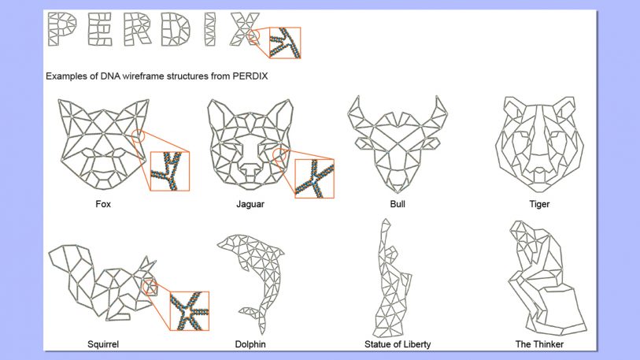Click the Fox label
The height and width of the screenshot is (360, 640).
pos(102,204)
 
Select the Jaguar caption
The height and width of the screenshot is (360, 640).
pos(250,204)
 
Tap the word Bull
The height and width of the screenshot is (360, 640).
pos(398,204)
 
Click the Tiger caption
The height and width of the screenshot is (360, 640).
pos(539,204)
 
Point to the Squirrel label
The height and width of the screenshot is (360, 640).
pos(103,344)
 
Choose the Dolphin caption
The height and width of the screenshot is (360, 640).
pos(250,344)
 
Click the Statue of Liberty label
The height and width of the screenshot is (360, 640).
pos(397,344)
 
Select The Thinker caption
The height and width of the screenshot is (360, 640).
pos(539,344)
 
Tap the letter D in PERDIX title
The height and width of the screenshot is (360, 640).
pos(168,29)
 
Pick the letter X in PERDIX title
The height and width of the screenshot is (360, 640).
pos(241,29)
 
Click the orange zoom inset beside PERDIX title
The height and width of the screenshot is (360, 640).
pos(285,43)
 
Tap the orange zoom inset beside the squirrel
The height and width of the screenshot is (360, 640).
pos(190,310)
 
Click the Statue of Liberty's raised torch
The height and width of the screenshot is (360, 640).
pos(385,228)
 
